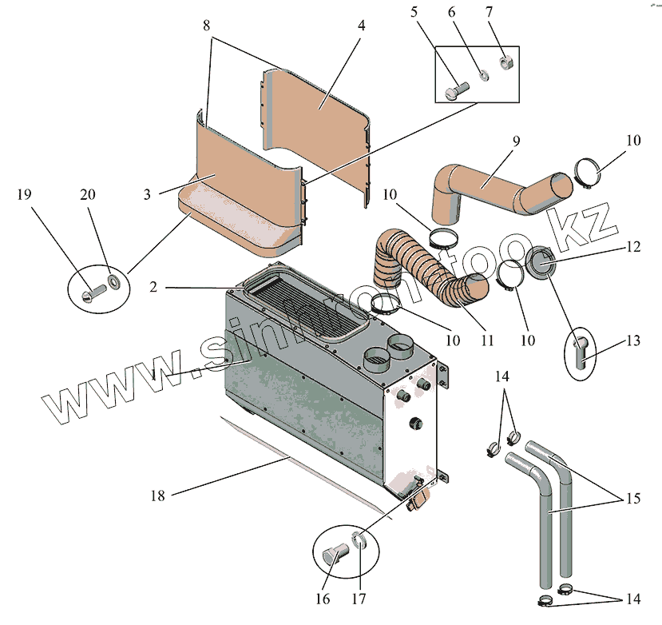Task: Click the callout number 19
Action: [24, 194]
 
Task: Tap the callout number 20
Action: [87, 194]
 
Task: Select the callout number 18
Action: [157, 496]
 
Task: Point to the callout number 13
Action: [632, 341]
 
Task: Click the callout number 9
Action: [516, 141]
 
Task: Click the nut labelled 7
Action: [505, 61]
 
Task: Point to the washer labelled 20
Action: [113, 281]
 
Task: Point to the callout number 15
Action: [632, 500]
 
